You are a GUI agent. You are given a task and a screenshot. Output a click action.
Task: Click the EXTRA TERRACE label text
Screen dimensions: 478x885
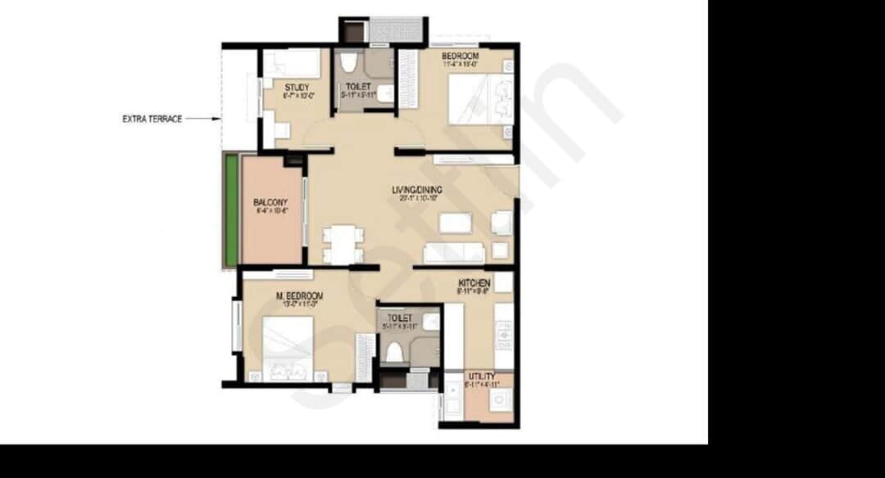[x=152, y=119]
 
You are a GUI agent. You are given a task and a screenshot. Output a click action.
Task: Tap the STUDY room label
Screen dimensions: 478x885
[x=297, y=87]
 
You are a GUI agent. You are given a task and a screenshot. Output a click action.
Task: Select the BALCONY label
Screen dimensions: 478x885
[x=270, y=202]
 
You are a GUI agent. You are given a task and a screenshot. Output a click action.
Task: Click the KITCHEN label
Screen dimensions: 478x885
[x=474, y=283]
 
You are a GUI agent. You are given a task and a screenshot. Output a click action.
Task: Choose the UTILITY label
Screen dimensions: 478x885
[x=481, y=377]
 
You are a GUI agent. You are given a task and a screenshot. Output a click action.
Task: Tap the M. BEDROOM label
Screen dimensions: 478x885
[x=299, y=295]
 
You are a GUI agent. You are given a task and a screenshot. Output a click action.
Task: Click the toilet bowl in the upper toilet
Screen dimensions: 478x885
[x=349, y=64]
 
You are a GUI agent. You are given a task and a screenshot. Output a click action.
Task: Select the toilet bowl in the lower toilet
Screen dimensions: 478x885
[x=394, y=351]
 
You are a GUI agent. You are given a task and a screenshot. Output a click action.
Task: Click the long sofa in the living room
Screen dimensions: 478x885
[x=454, y=251]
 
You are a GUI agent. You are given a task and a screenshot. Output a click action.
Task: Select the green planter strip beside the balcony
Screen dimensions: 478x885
[x=232, y=210]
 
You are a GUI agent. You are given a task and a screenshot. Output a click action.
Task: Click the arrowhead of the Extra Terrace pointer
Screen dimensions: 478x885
[x=218, y=119]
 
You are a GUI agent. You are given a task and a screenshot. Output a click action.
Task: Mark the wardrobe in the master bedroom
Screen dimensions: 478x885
[x=365, y=357]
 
